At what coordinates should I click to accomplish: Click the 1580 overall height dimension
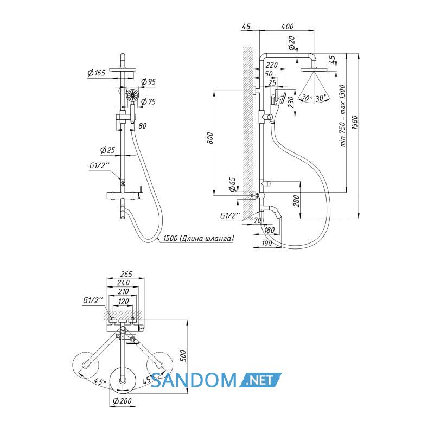(x=355, y=123)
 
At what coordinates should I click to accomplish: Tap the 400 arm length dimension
(x=288, y=27)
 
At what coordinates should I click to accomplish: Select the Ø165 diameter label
(x=97, y=73)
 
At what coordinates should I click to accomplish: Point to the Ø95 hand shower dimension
(x=148, y=82)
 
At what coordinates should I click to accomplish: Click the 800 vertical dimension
(x=210, y=138)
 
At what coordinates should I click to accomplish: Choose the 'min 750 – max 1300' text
(x=343, y=116)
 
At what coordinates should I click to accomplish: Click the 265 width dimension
(x=126, y=274)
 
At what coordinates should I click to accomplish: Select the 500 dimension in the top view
(x=183, y=356)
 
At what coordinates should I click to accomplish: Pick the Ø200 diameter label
(x=123, y=400)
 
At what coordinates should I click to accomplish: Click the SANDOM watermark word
(x=194, y=380)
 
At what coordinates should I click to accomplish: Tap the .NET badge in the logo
(x=260, y=380)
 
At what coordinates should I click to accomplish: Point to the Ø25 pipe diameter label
(x=107, y=150)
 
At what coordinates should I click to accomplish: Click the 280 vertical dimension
(x=296, y=201)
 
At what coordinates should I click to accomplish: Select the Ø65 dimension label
(x=233, y=184)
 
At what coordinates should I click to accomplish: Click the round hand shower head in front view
(x=132, y=95)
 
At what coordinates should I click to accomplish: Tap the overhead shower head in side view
(x=314, y=69)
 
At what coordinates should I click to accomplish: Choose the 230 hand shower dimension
(x=291, y=102)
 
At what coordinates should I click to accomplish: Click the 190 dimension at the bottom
(x=266, y=244)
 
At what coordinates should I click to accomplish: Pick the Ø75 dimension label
(x=148, y=101)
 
